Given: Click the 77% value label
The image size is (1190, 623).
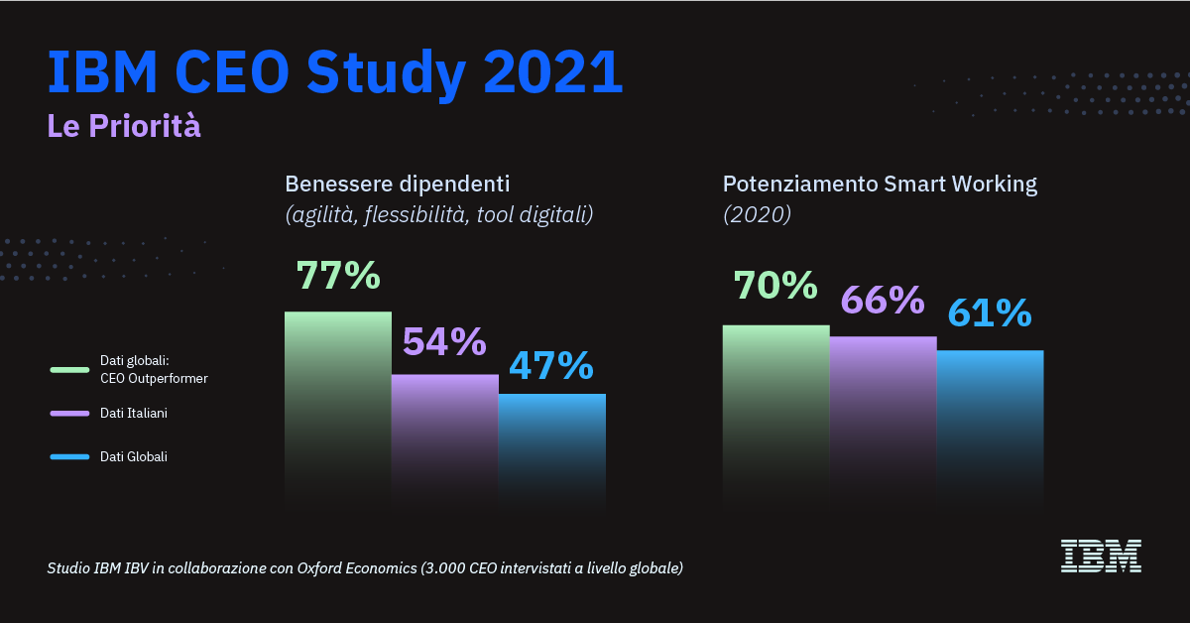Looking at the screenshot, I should (x=338, y=277).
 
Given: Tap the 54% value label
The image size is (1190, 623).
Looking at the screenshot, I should (x=443, y=342).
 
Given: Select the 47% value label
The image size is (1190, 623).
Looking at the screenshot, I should (x=550, y=366).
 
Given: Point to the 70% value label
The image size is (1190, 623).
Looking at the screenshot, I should (x=775, y=286).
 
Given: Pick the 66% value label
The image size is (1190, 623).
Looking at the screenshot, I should (x=883, y=300).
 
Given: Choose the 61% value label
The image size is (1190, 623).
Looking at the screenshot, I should (x=990, y=313).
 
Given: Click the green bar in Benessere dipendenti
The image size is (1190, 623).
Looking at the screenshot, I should (x=338, y=407).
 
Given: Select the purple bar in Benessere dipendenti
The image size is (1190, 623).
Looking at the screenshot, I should (x=444, y=436).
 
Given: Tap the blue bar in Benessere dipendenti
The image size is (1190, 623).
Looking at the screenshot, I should (x=551, y=446).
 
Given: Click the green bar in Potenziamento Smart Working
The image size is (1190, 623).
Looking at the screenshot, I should (x=775, y=412).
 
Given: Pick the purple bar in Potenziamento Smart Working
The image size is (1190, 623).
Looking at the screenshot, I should (x=883, y=417).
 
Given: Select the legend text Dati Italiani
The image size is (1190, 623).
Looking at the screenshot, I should (x=134, y=413).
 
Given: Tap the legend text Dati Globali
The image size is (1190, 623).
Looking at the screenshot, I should (x=134, y=456).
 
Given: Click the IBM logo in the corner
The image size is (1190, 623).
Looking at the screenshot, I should (x=1101, y=556).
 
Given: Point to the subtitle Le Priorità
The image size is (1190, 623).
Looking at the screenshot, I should (x=124, y=126).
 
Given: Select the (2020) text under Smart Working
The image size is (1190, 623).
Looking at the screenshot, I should (x=757, y=214).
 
